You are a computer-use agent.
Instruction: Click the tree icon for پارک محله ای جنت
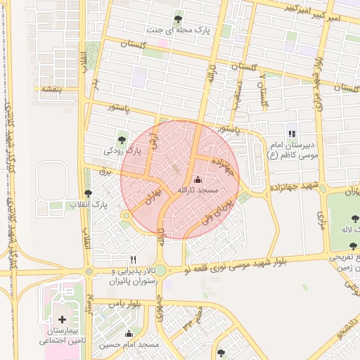176,20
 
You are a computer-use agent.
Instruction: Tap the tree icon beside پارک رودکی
123,137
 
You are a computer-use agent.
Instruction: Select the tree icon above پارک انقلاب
88,193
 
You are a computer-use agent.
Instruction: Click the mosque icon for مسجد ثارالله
196,179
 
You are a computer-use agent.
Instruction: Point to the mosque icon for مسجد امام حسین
128,334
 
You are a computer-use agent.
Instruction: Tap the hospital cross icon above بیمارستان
62,320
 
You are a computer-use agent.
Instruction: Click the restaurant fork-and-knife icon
133,259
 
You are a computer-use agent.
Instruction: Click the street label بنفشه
49,89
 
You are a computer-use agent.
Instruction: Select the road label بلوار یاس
127,302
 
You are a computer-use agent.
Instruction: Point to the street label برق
106,171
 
